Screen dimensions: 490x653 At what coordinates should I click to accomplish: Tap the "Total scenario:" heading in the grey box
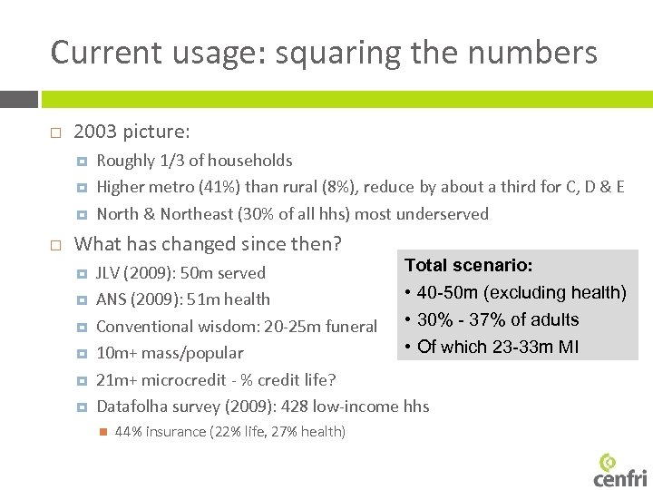point(468,266)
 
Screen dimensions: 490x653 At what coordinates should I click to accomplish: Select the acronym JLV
point(111,273)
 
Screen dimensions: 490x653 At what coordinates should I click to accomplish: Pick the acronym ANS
point(112,299)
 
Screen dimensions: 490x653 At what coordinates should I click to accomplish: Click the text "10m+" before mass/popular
point(115,353)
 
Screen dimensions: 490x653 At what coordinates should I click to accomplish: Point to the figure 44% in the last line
point(129,432)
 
